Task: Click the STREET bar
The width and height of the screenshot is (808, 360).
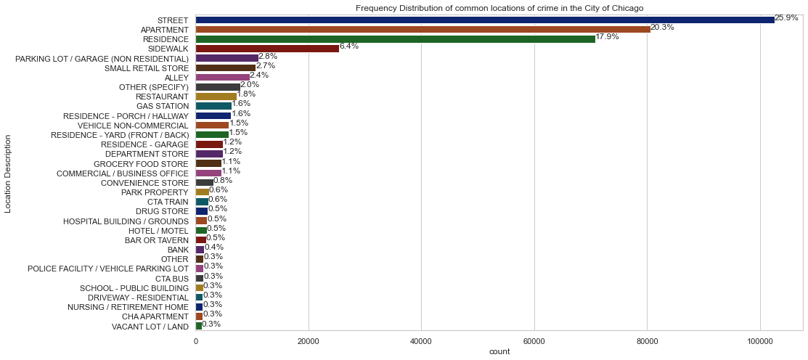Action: (x=484, y=20)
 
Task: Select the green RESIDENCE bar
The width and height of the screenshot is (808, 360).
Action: (x=395, y=38)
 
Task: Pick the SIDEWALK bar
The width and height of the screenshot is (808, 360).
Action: (x=267, y=48)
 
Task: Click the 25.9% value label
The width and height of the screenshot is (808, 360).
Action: (x=786, y=17)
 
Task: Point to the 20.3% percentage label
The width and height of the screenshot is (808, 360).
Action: (x=661, y=27)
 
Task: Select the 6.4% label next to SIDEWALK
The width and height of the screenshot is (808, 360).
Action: (x=349, y=46)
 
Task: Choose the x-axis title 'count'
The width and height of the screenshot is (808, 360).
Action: (x=499, y=351)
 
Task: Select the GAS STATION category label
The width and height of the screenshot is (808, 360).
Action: (x=163, y=106)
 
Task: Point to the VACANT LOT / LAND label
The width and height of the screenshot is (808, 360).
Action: (x=150, y=327)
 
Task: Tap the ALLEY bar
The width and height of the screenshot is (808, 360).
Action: (x=222, y=77)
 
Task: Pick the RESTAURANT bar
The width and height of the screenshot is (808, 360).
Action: (x=216, y=97)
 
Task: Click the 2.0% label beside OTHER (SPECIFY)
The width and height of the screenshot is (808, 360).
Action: (x=250, y=84)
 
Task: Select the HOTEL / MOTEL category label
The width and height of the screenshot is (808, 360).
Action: (x=158, y=231)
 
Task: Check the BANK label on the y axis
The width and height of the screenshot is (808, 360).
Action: (x=178, y=250)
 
